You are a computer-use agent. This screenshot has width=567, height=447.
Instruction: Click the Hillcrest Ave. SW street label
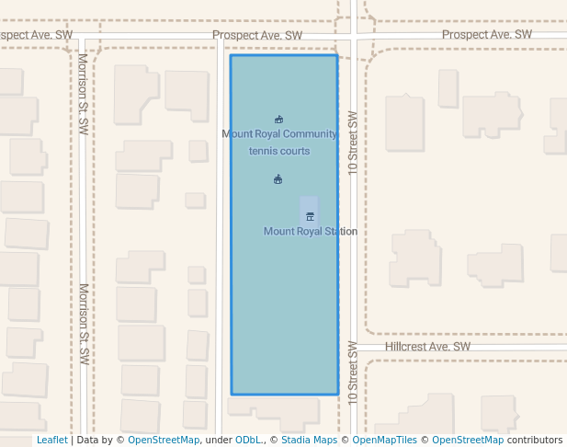click(427, 347)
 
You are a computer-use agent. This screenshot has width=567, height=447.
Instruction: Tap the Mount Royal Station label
click(310, 232)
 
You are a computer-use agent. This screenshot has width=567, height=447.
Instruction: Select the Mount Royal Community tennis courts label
click(279, 143)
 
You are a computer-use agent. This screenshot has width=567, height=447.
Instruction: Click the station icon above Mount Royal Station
click(310, 216)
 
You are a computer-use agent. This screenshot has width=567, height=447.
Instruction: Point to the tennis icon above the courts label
click(278, 120)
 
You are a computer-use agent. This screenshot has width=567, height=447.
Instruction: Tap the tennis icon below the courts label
click(278, 179)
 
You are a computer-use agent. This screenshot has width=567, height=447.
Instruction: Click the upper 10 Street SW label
click(352, 143)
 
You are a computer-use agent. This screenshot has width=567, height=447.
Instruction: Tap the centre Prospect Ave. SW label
click(257, 36)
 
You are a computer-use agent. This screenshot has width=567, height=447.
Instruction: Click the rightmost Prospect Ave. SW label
click(487, 35)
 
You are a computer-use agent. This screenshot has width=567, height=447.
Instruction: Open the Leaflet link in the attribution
click(51, 441)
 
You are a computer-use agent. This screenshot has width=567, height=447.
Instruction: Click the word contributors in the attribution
click(536, 441)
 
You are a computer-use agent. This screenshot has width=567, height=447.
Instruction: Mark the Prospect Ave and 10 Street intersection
click(353, 39)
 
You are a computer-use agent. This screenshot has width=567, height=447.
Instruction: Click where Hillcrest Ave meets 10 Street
click(353, 348)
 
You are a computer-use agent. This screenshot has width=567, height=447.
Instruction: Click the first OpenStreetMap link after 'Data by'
click(164, 441)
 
